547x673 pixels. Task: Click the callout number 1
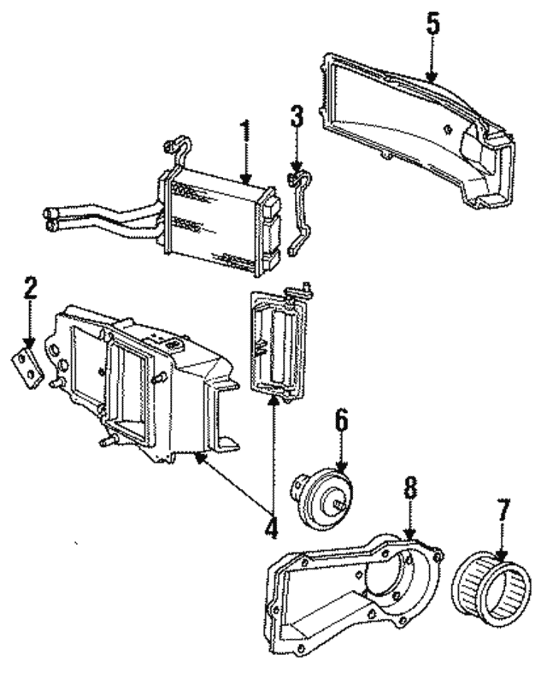click(245, 133)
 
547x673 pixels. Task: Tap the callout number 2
click(30, 288)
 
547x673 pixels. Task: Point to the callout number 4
click(271, 527)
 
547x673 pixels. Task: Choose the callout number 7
click(503, 513)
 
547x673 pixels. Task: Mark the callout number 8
click(410, 489)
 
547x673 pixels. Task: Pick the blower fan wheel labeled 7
click(492, 582)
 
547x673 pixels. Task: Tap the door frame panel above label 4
click(277, 342)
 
